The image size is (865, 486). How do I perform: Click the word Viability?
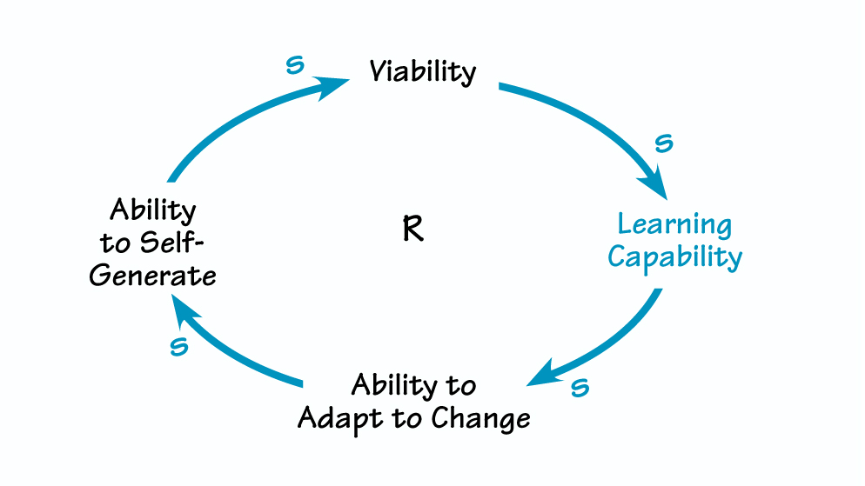pos(423,71)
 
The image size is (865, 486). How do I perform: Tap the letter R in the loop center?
pos(413,230)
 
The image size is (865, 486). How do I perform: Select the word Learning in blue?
pos(674,225)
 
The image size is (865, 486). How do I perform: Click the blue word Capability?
pos(674,257)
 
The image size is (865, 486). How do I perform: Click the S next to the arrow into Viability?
pos(295,66)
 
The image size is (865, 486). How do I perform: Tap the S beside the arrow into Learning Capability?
pos(663,143)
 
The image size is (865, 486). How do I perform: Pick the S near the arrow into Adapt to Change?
pos(580,388)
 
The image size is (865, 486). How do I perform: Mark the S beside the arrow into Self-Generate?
pos(179,346)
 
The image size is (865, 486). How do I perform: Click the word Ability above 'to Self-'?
pos(153,210)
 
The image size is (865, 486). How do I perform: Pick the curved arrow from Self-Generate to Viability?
pos(226,122)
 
